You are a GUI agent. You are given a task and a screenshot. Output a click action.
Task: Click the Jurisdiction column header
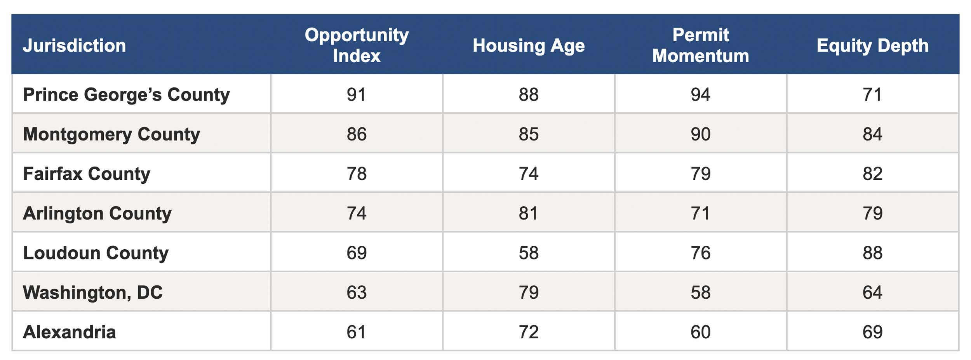(x=75, y=45)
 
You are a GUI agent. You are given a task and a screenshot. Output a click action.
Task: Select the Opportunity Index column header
(x=357, y=45)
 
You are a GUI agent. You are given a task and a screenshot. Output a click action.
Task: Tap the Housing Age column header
(x=529, y=46)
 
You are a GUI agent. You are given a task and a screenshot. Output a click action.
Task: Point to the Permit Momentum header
(x=701, y=45)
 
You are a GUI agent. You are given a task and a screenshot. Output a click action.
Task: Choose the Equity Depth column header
(x=873, y=46)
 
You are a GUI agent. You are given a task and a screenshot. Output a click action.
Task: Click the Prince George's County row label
(x=126, y=95)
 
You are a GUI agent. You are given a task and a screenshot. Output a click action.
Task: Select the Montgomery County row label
(x=111, y=134)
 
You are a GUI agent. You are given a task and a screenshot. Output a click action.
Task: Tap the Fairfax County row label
(x=87, y=174)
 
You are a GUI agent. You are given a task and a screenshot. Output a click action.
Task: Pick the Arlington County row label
(x=97, y=214)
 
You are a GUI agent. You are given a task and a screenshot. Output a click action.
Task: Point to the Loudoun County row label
(x=96, y=253)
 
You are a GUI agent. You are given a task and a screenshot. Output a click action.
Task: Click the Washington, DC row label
(x=93, y=292)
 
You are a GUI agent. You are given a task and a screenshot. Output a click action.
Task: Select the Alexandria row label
(x=70, y=332)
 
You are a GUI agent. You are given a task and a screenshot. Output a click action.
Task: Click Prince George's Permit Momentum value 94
(x=701, y=94)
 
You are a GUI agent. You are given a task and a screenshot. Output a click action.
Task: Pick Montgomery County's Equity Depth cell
(x=873, y=134)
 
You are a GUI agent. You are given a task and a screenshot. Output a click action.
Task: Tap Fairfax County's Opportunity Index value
(x=357, y=174)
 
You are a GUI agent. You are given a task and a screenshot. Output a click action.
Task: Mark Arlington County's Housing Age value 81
(x=529, y=213)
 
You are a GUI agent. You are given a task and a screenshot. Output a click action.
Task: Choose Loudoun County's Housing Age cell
(x=529, y=253)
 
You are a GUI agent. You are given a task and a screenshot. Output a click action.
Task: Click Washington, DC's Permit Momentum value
(x=701, y=292)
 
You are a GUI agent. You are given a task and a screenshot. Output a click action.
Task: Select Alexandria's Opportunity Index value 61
(x=357, y=332)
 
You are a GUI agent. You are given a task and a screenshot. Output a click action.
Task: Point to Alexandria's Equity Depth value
(x=873, y=332)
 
